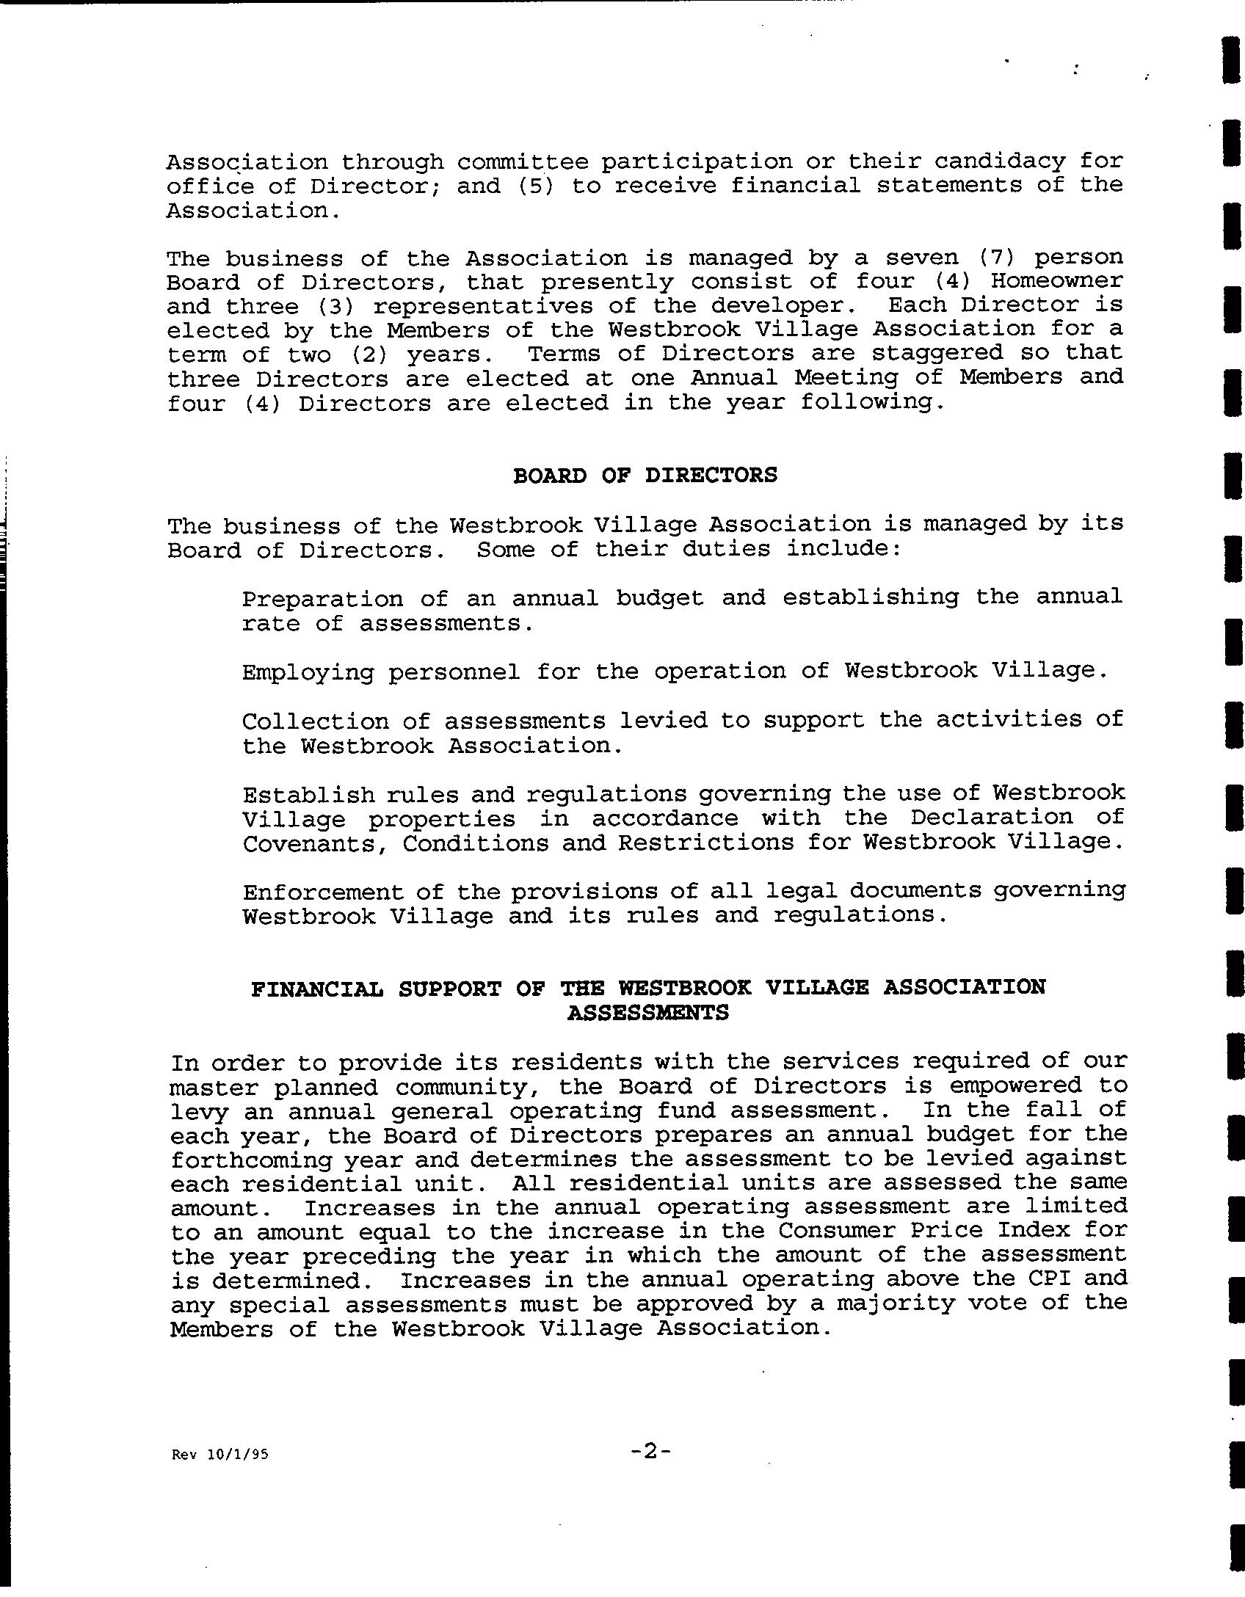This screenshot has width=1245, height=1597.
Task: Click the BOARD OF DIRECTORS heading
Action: coord(644,476)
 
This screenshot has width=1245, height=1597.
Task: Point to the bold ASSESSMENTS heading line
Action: coord(648,1014)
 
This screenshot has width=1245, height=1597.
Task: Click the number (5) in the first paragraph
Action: coord(536,186)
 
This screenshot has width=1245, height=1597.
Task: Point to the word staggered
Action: coord(937,353)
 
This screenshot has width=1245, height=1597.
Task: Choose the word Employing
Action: coord(308,672)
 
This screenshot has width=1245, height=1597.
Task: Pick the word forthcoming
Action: coord(235,1160)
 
